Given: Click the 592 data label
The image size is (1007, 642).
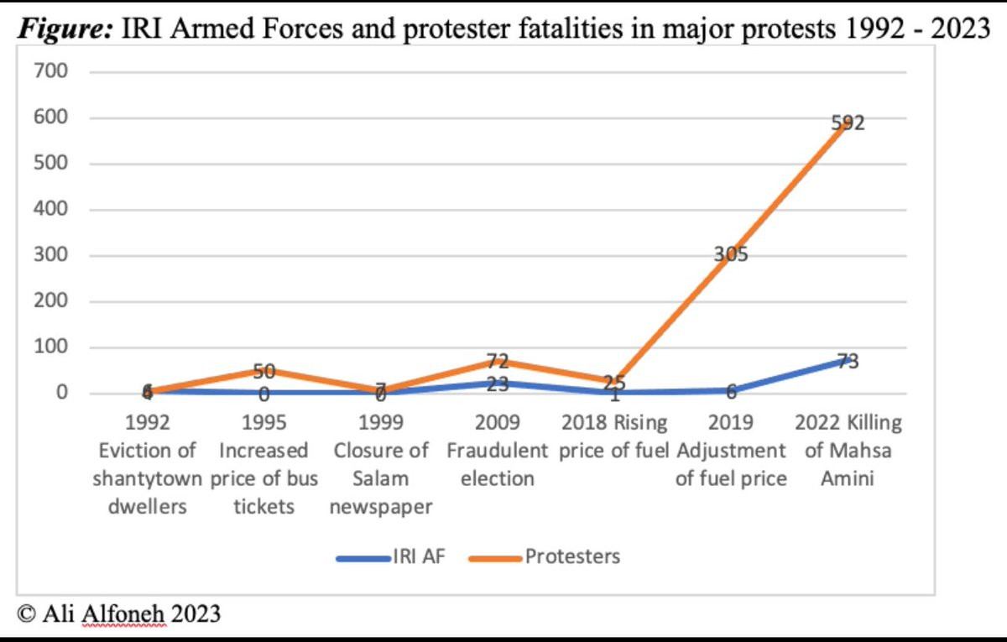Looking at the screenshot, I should (x=848, y=123).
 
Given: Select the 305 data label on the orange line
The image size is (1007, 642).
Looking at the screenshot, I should (x=731, y=255).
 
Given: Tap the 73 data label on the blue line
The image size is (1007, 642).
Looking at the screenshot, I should (x=848, y=362).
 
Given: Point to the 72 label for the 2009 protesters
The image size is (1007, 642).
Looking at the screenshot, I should (x=497, y=363).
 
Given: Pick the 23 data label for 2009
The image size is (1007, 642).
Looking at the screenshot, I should (x=497, y=385).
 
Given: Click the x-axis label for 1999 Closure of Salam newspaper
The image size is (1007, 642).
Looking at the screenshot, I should (x=380, y=464).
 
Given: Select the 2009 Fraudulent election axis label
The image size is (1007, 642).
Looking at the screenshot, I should (x=497, y=450).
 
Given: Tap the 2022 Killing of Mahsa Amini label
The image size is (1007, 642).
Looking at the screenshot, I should (x=848, y=450).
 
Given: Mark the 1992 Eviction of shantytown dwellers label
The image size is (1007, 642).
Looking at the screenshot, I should (x=148, y=464).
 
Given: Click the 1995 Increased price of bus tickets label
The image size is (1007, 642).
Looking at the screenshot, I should (x=263, y=464).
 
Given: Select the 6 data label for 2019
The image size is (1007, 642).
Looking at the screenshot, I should (x=731, y=392).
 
